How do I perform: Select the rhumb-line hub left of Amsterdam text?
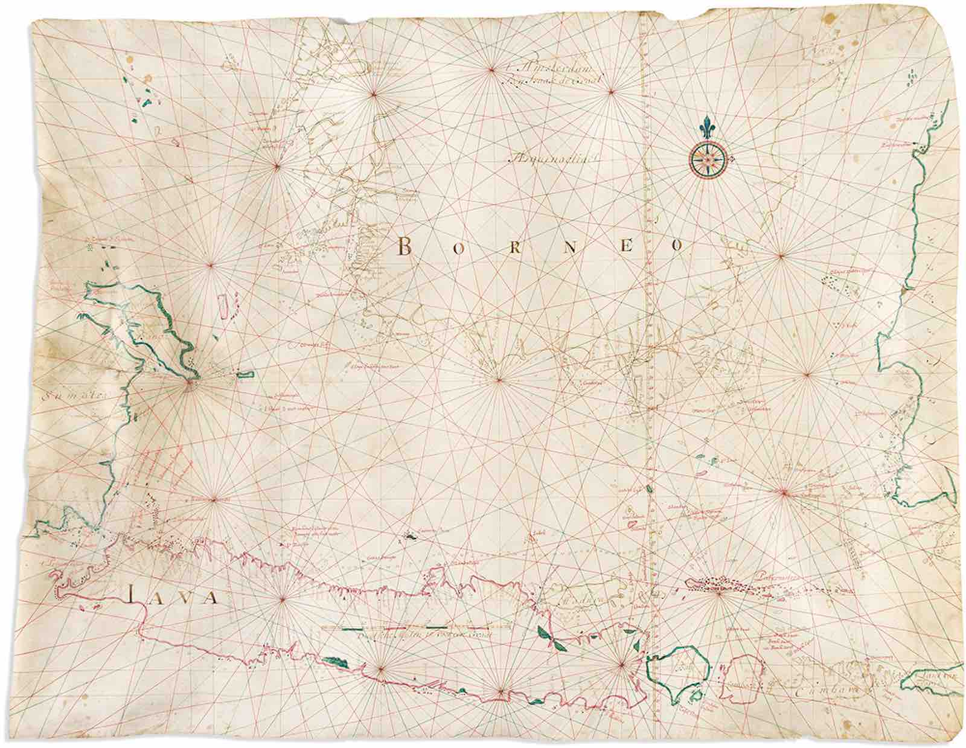491,70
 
